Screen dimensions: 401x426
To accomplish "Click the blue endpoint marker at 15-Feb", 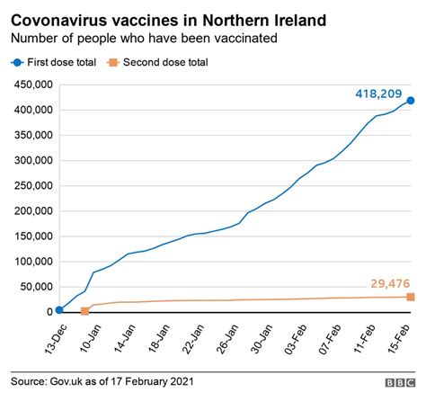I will coord(411,101).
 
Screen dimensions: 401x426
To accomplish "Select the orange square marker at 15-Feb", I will coord(411,297).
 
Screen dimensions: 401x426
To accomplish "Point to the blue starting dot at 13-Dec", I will coord(58,309).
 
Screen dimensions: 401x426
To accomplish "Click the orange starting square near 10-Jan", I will coord(85,311).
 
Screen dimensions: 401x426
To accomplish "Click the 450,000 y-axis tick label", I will coord(31,85).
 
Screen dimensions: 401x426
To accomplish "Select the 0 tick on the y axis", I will coord(49,311).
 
